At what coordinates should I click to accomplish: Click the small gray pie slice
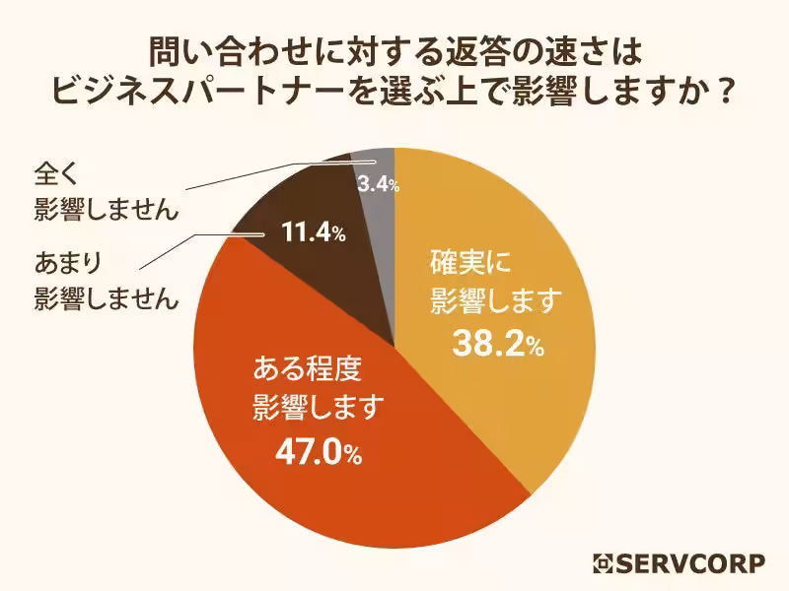tap(379, 163)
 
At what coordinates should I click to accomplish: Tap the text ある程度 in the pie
tap(309, 371)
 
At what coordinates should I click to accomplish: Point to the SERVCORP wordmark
tap(690, 564)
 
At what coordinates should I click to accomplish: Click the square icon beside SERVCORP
tap(603, 564)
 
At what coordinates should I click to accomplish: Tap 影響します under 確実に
tap(494, 299)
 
